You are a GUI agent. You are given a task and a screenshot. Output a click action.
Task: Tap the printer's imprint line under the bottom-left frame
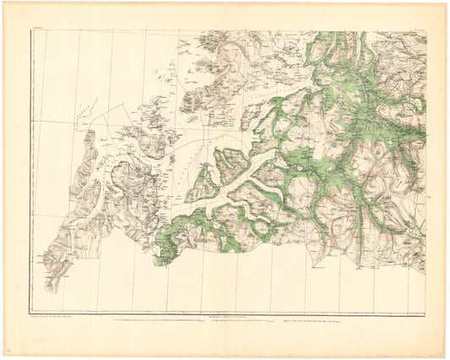57,318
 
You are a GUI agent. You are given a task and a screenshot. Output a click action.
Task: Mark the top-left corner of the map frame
31,32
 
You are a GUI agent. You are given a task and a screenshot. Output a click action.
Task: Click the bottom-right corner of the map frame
426,314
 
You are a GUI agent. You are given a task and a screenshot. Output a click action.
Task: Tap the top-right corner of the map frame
426,32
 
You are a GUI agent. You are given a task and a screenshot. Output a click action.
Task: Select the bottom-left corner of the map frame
31,314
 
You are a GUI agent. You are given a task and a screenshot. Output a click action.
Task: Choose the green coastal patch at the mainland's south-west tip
165,253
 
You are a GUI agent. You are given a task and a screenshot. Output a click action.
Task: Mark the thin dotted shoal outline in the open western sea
101,118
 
